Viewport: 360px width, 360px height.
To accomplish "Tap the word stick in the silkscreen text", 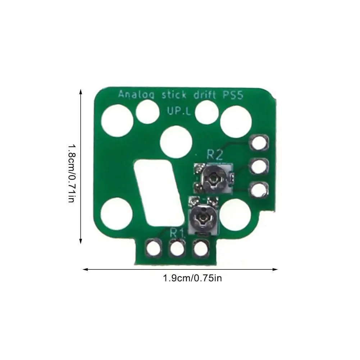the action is pos(174,94).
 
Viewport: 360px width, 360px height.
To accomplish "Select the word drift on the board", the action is pos(205,94).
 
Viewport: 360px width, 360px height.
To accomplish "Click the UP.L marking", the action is pos(179,111).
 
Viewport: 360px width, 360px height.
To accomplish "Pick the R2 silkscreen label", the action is pos(214,155).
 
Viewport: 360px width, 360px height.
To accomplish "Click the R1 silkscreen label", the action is pos(177,233).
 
